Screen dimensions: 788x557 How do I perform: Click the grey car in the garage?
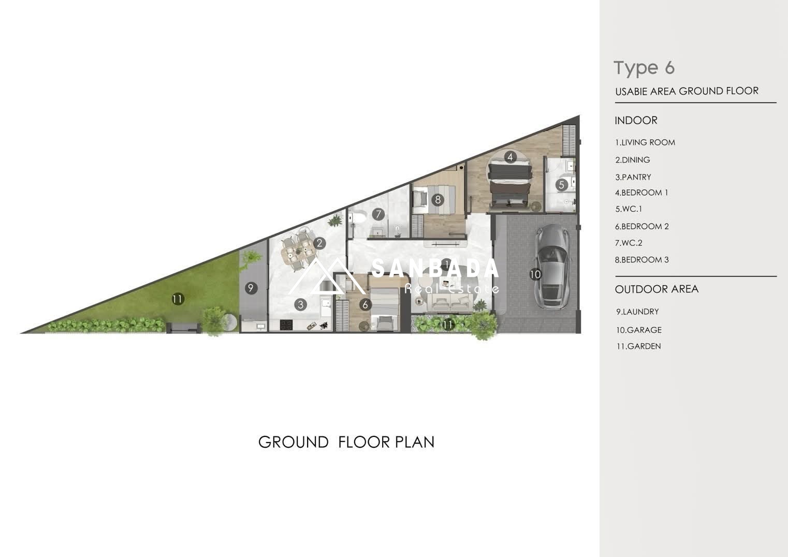coord(551,267)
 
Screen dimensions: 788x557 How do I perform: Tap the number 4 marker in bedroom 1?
coord(510,157)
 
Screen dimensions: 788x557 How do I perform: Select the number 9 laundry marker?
coord(251,288)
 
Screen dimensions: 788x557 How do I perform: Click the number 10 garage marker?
coord(535,274)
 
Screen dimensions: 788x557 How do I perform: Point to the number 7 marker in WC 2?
coord(378,214)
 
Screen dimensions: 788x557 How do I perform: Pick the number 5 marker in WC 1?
coord(561,185)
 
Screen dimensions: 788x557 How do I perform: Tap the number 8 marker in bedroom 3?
coord(437,200)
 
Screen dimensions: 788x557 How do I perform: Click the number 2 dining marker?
coord(319,243)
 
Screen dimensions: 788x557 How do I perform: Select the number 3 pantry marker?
coord(300,304)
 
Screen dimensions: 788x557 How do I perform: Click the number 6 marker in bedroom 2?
coord(365,304)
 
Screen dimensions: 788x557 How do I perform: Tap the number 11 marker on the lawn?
coord(178,299)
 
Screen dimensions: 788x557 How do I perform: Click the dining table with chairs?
coord(298,251)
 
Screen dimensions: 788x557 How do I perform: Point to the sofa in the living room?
coord(450,303)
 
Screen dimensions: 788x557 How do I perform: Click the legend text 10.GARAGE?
coord(639,330)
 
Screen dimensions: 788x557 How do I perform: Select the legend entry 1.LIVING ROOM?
coord(645,142)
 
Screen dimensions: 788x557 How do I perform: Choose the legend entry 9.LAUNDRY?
coord(637,312)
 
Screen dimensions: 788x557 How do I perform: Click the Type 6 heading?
coord(644,68)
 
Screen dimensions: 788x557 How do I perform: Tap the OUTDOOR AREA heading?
coord(656,289)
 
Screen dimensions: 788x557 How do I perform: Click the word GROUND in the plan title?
coord(294,442)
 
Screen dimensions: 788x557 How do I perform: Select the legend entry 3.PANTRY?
coord(633,177)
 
